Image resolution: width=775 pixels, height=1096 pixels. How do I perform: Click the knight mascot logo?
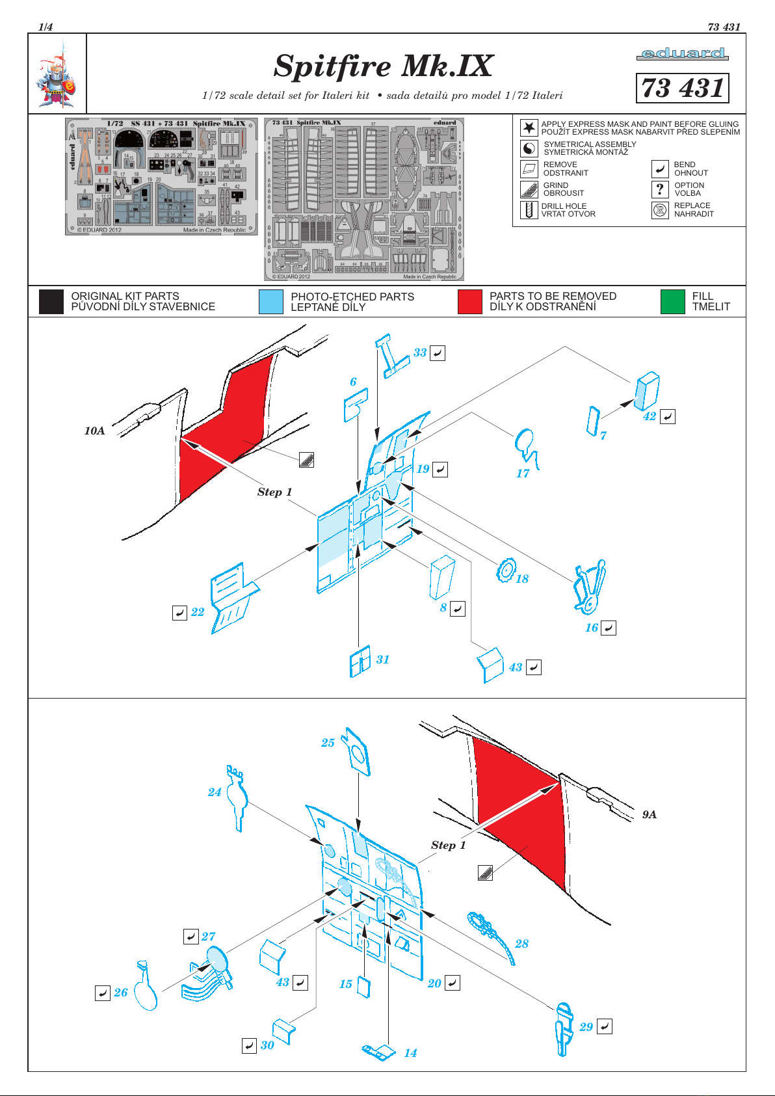tap(57, 75)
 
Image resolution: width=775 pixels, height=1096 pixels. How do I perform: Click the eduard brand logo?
tap(682, 53)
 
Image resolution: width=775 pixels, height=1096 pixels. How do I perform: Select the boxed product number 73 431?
tap(682, 88)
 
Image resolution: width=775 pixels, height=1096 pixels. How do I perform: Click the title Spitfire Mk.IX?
tap(383, 66)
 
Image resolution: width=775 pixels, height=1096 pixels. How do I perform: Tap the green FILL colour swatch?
tap(672, 302)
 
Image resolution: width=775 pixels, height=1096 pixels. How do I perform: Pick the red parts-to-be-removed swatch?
tap(469, 302)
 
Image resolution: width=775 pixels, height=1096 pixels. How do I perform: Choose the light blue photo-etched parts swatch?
tap(270, 302)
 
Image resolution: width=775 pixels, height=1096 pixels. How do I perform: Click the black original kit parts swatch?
tap(51, 302)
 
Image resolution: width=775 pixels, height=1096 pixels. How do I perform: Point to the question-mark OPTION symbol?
tap(660, 189)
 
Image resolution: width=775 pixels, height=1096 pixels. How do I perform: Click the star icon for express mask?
tap(529, 127)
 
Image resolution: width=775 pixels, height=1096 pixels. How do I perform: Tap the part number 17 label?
tap(523, 474)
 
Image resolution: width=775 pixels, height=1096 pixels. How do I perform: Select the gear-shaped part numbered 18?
tap(505, 570)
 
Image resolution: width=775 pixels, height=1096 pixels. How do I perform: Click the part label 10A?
tap(94, 431)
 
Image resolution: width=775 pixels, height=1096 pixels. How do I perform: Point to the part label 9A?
tap(649, 814)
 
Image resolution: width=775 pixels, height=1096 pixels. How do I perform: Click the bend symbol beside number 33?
tap(438, 353)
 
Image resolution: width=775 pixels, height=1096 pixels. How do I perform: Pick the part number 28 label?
tap(521, 943)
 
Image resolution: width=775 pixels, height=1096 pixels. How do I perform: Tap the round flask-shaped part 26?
tap(146, 989)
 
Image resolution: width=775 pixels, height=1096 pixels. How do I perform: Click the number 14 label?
tap(410, 1053)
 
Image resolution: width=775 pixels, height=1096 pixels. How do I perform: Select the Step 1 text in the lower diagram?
tap(448, 845)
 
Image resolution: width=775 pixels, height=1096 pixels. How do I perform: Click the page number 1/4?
tap(46, 27)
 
